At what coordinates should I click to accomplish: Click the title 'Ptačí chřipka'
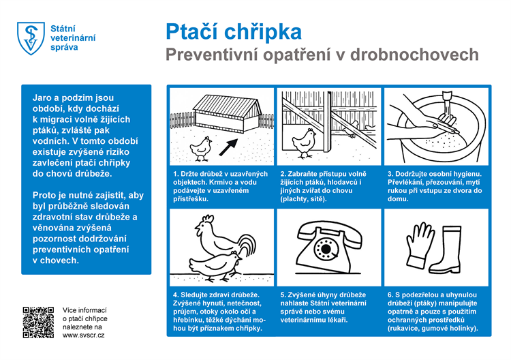(x=233, y=32)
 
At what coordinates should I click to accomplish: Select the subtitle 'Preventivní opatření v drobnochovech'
(x=322, y=55)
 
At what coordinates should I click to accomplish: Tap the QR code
(x=38, y=322)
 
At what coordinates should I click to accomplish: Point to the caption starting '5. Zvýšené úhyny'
(x=328, y=307)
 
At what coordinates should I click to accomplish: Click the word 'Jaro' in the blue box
(x=44, y=97)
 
